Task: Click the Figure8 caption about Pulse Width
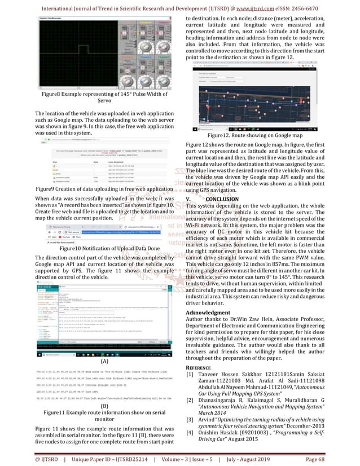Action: pos(91,97)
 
